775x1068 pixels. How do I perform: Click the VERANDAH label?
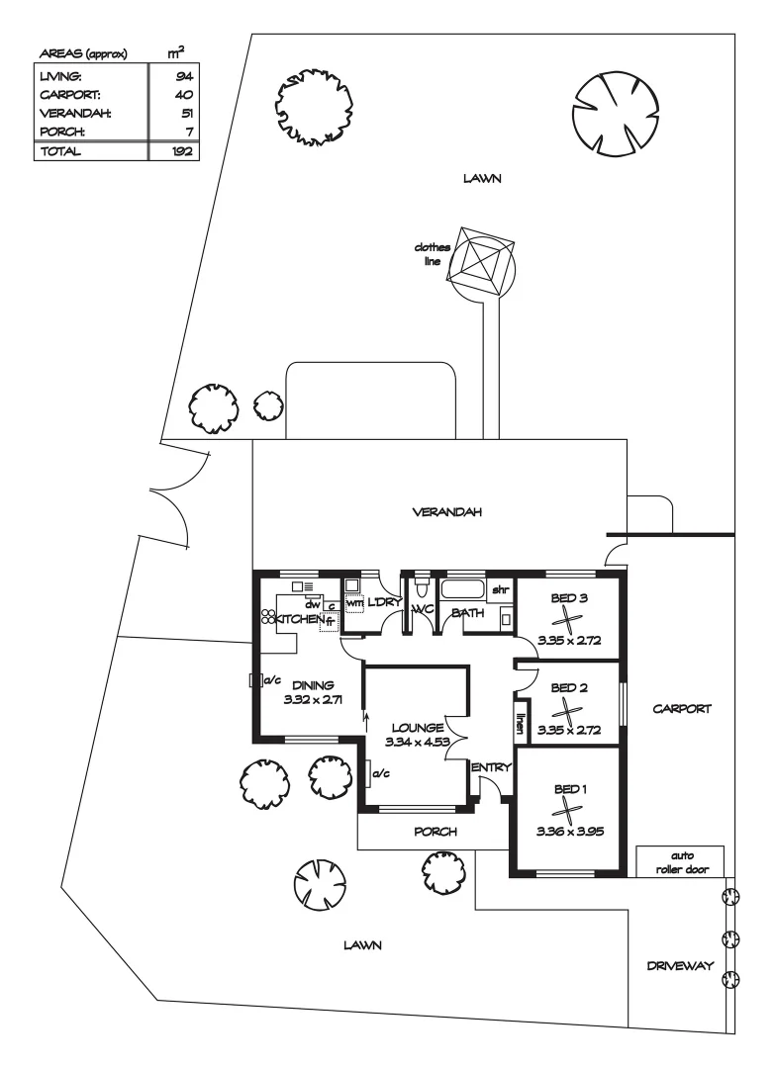447,511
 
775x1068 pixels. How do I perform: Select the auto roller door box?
680,861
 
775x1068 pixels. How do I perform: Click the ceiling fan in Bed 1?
567,810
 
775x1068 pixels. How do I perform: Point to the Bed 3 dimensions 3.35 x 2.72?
569,640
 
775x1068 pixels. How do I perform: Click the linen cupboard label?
520,723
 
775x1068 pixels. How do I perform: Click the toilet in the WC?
421,587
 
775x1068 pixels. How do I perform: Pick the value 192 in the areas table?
182,151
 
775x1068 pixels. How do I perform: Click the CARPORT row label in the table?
69,95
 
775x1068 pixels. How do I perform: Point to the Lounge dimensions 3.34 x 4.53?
417,742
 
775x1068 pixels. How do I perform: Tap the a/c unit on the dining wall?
255,679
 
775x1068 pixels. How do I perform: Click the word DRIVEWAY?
680,965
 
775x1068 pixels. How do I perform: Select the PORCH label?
436,832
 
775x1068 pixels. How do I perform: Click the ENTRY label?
491,767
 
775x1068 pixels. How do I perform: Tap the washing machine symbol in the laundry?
354,603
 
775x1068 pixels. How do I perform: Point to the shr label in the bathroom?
500,589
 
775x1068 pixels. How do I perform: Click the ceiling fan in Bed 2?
567,711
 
